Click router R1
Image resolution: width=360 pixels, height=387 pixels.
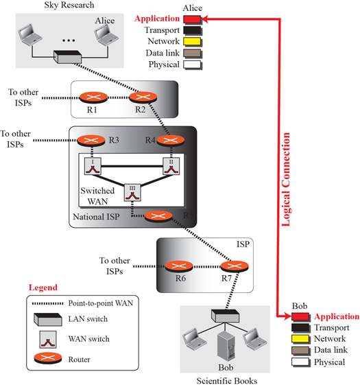coord(94,97)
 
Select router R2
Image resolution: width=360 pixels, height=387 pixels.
coord(143,97)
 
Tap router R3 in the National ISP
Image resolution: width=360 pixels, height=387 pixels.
coord(91,141)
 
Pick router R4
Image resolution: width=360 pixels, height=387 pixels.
coord(171,141)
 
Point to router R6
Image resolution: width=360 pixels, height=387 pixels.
coord(179,266)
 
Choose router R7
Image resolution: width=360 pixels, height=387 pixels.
coord(235,266)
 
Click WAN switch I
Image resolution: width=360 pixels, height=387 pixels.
coord(93,166)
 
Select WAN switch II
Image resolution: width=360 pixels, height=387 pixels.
coord(171,166)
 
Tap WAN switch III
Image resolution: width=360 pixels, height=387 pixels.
coord(132,193)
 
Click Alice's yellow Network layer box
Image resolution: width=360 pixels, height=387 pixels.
coord(192,42)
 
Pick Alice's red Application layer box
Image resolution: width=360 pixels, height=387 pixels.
coord(192,19)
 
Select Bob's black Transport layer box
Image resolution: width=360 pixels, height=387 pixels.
coord(300,328)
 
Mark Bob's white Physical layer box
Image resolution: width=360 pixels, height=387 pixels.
coord(300,362)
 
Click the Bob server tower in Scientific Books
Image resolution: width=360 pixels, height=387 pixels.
coord(226,347)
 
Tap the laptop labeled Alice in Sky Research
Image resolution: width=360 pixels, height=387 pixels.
coord(106,34)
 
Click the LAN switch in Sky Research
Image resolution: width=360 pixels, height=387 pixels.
coord(68,57)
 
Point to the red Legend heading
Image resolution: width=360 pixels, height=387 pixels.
coord(43,288)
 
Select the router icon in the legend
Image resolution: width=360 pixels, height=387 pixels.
coord(48,358)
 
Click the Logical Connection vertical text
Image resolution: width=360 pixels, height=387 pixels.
coord(286,179)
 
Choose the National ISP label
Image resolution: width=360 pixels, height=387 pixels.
coord(96,217)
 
